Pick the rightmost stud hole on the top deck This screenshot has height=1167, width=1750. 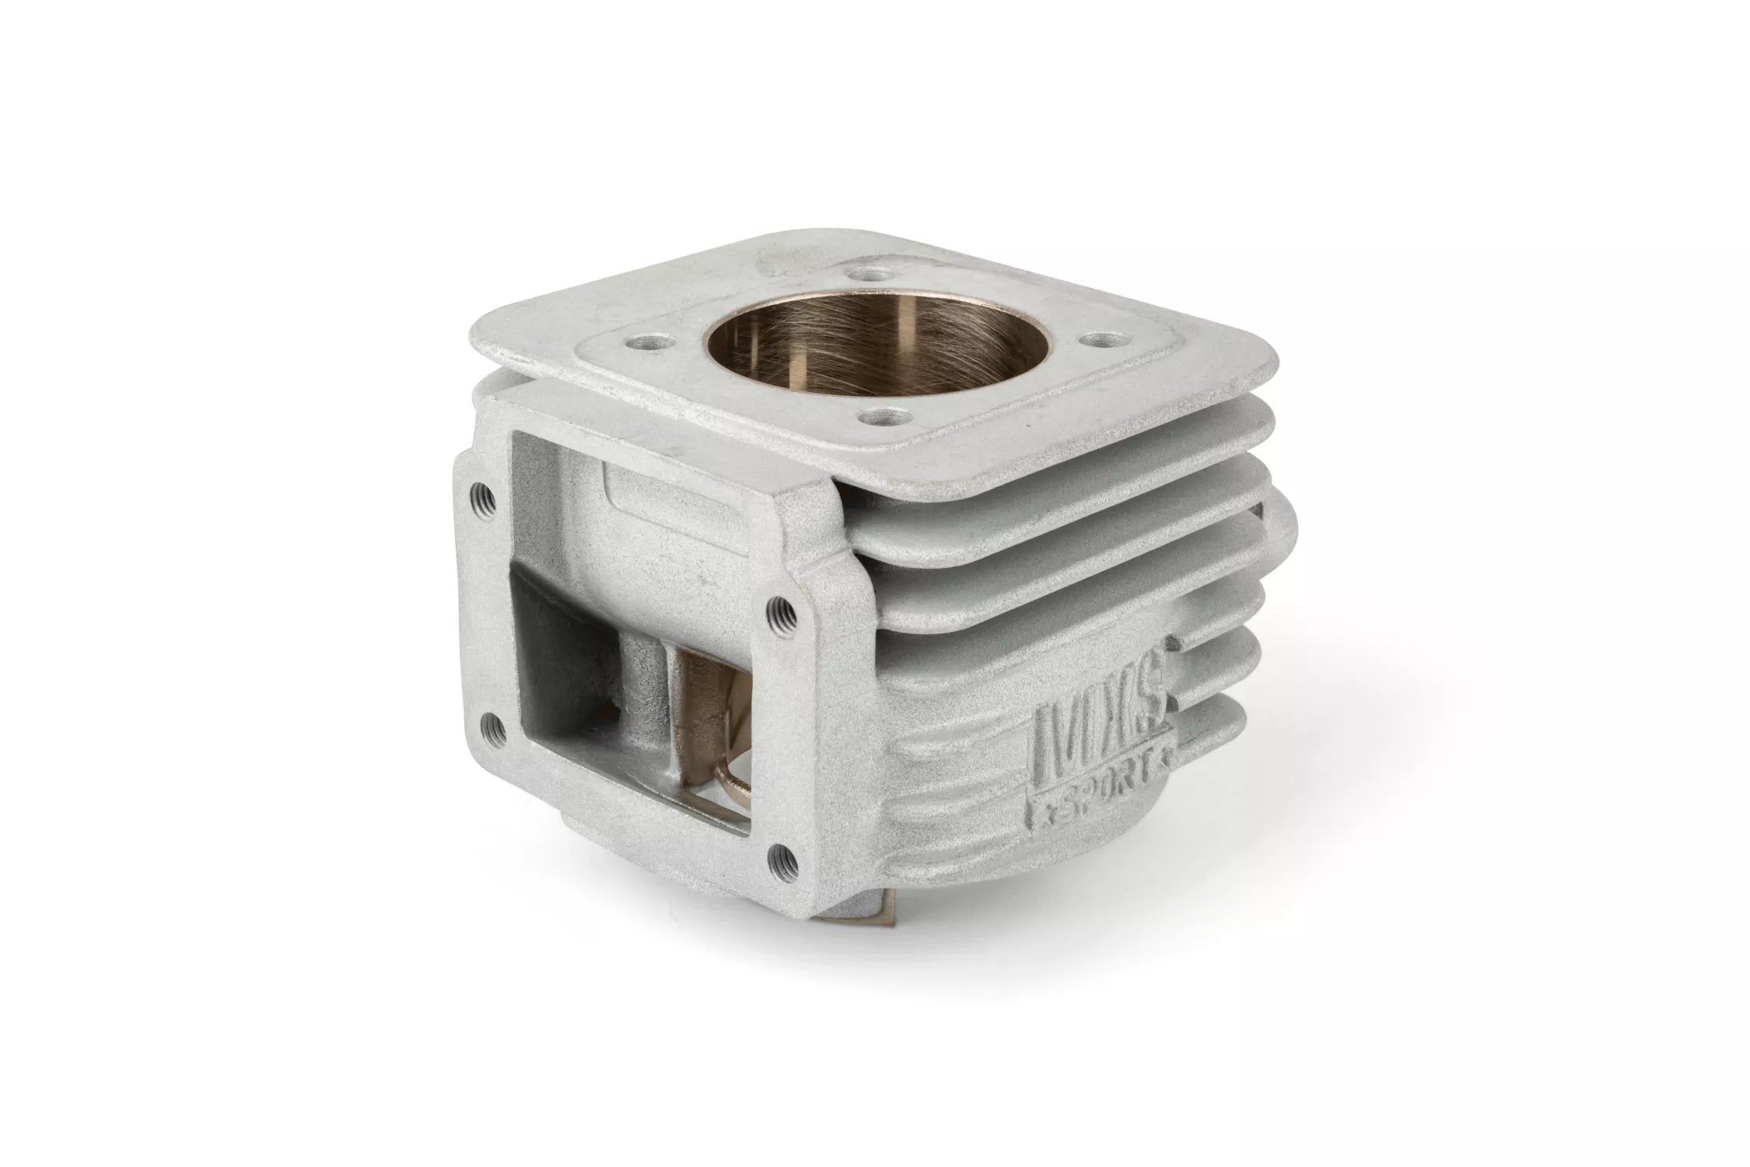pos(1090,339)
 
